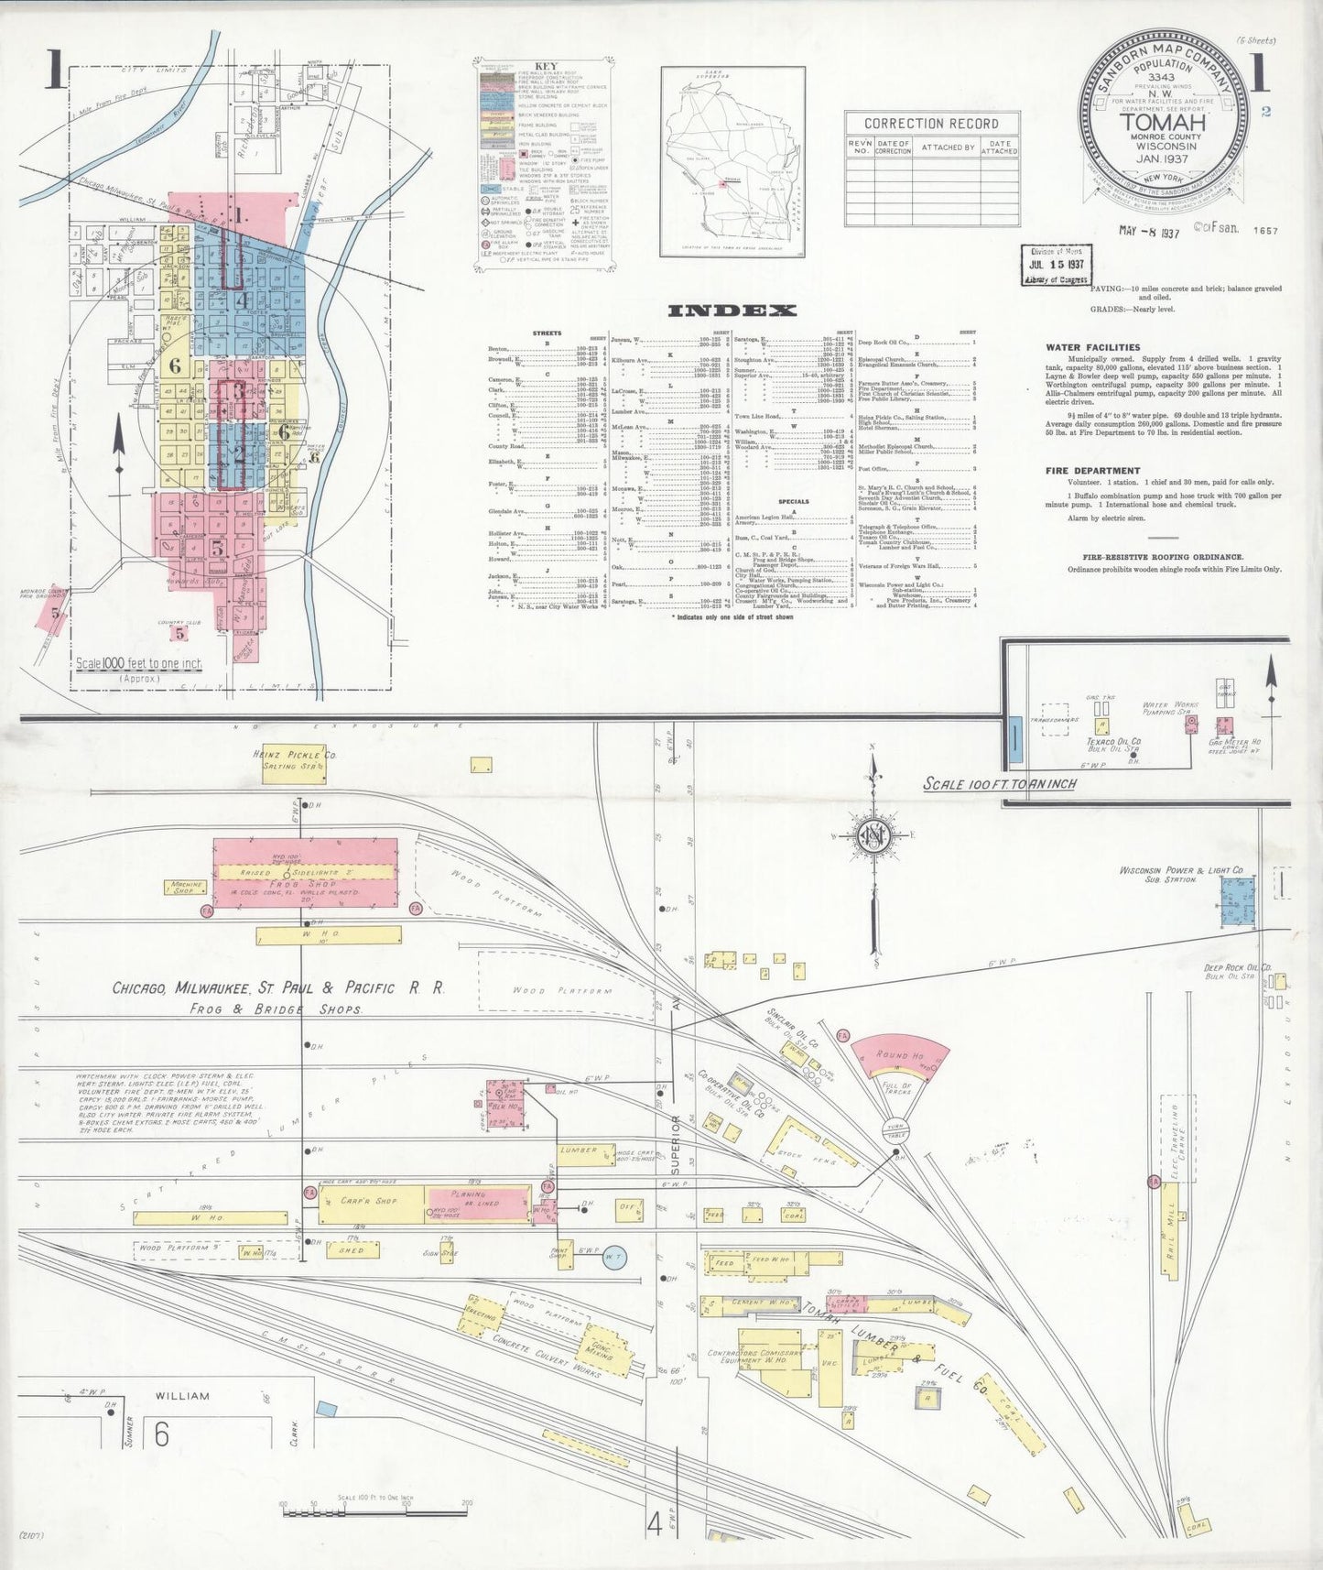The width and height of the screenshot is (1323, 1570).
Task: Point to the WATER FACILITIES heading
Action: (1094, 347)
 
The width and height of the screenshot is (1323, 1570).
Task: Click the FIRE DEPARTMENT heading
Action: (1093, 471)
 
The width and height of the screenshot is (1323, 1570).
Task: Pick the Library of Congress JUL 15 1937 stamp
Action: (1056, 265)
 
